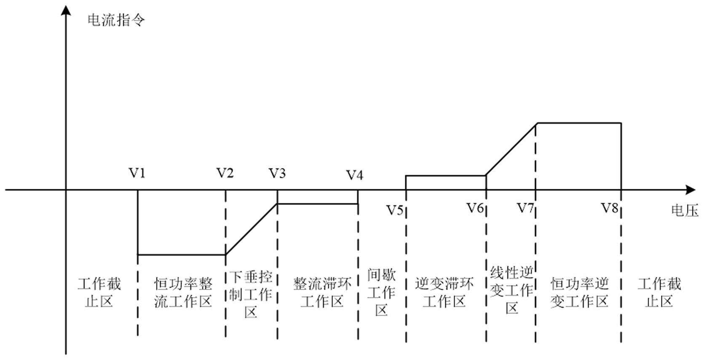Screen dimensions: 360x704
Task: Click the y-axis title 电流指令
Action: [x=116, y=20]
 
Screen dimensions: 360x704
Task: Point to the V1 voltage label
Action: [x=137, y=173]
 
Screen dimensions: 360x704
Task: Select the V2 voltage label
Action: [x=225, y=173]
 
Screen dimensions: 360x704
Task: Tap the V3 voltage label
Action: [x=277, y=173]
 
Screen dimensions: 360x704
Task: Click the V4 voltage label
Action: [x=355, y=175]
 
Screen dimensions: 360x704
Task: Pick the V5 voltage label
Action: [x=395, y=210]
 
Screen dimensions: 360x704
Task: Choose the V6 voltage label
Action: [x=475, y=208]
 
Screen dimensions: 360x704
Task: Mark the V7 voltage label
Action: [x=525, y=208]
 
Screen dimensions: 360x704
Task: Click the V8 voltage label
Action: [x=610, y=208]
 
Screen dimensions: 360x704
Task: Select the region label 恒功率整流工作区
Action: [x=183, y=293]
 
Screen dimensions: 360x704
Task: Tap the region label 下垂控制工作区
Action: [x=251, y=294]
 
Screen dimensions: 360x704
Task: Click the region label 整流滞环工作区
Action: [x=322, y=293]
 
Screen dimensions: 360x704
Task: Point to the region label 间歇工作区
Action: [x=381, y=292]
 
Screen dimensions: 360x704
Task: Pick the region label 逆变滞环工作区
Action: [x=444, y=293]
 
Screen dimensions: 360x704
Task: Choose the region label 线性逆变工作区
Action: [x=512, y=290]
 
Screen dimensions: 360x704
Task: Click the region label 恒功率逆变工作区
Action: [x=579, y=293]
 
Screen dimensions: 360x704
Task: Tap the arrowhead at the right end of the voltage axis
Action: [x=690, y=190]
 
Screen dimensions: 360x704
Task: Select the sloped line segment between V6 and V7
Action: [x=511, y=149]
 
